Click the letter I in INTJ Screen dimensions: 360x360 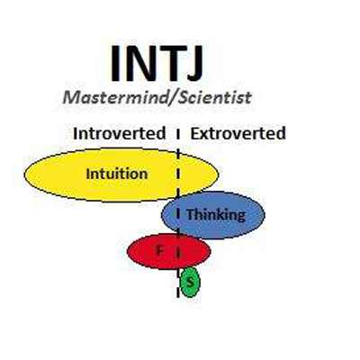(115, 64)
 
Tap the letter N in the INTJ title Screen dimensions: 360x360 (141, 64)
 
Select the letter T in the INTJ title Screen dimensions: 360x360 (171, 64)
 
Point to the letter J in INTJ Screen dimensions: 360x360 (194, 64)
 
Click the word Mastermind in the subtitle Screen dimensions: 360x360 (114, 97)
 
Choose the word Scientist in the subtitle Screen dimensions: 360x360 (214, 97)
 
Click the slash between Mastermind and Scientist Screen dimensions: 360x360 (172, 98)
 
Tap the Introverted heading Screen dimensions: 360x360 (120, 133)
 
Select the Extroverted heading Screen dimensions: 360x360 (238, 133)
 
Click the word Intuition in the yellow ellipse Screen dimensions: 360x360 (117, 174)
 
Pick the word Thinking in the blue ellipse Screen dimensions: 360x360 (216, 215)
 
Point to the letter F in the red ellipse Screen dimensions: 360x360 (161, 249)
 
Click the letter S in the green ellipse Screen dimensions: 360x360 (189, 282)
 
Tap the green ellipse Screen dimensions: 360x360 (190, 282)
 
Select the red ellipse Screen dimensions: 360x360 (168, 251)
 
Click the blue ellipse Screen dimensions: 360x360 (213, 215)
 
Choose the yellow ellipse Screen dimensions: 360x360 (121, 175)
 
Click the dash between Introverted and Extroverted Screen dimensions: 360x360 (178, 134)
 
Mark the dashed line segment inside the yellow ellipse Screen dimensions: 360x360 (178, 174)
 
